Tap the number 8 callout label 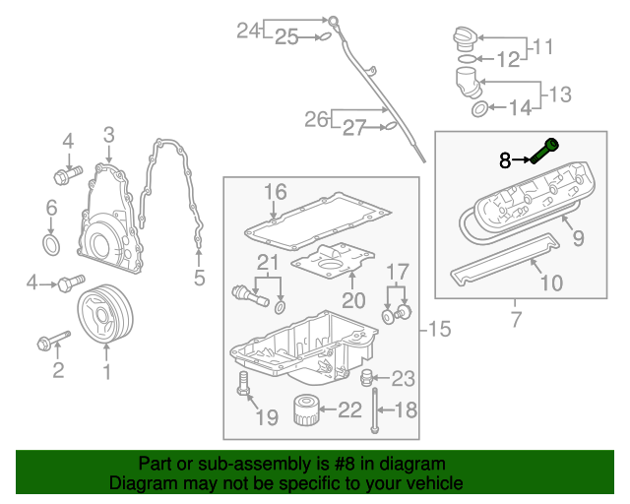point(505,159)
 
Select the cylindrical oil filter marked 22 point(308,409)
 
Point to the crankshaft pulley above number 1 point(104,314)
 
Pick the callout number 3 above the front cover point(108,135)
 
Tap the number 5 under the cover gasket point(199,279)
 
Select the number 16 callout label point(274,191)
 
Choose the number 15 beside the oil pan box point(440,328)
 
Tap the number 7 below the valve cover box point(514,318)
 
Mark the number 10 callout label point(550,283)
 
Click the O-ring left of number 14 point(478,107)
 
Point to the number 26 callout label point(316,119)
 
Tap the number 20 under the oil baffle point(353,298)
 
